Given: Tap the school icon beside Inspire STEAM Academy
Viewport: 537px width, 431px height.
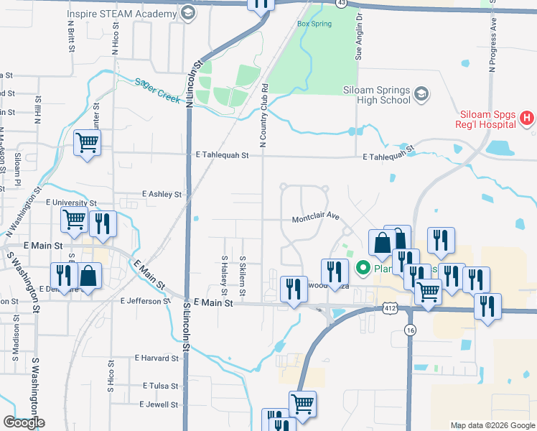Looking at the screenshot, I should (x=187, y=13).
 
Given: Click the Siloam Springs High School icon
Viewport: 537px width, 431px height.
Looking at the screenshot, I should (x=421, y=94).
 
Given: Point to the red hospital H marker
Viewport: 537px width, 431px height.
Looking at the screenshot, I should (x=527, y=119).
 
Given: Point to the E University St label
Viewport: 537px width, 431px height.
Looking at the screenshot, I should (x=73, y=203).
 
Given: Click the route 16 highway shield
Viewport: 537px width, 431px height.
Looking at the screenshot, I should (x=410, y=330).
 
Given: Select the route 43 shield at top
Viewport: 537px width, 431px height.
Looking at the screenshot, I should (x=342, y=4).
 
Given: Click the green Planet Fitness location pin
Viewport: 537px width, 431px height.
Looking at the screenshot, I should (x=363, y=269).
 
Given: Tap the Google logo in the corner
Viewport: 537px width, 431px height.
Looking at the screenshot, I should (x=24, y=422).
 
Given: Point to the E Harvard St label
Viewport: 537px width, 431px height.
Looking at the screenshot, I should (x=156, y=358).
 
